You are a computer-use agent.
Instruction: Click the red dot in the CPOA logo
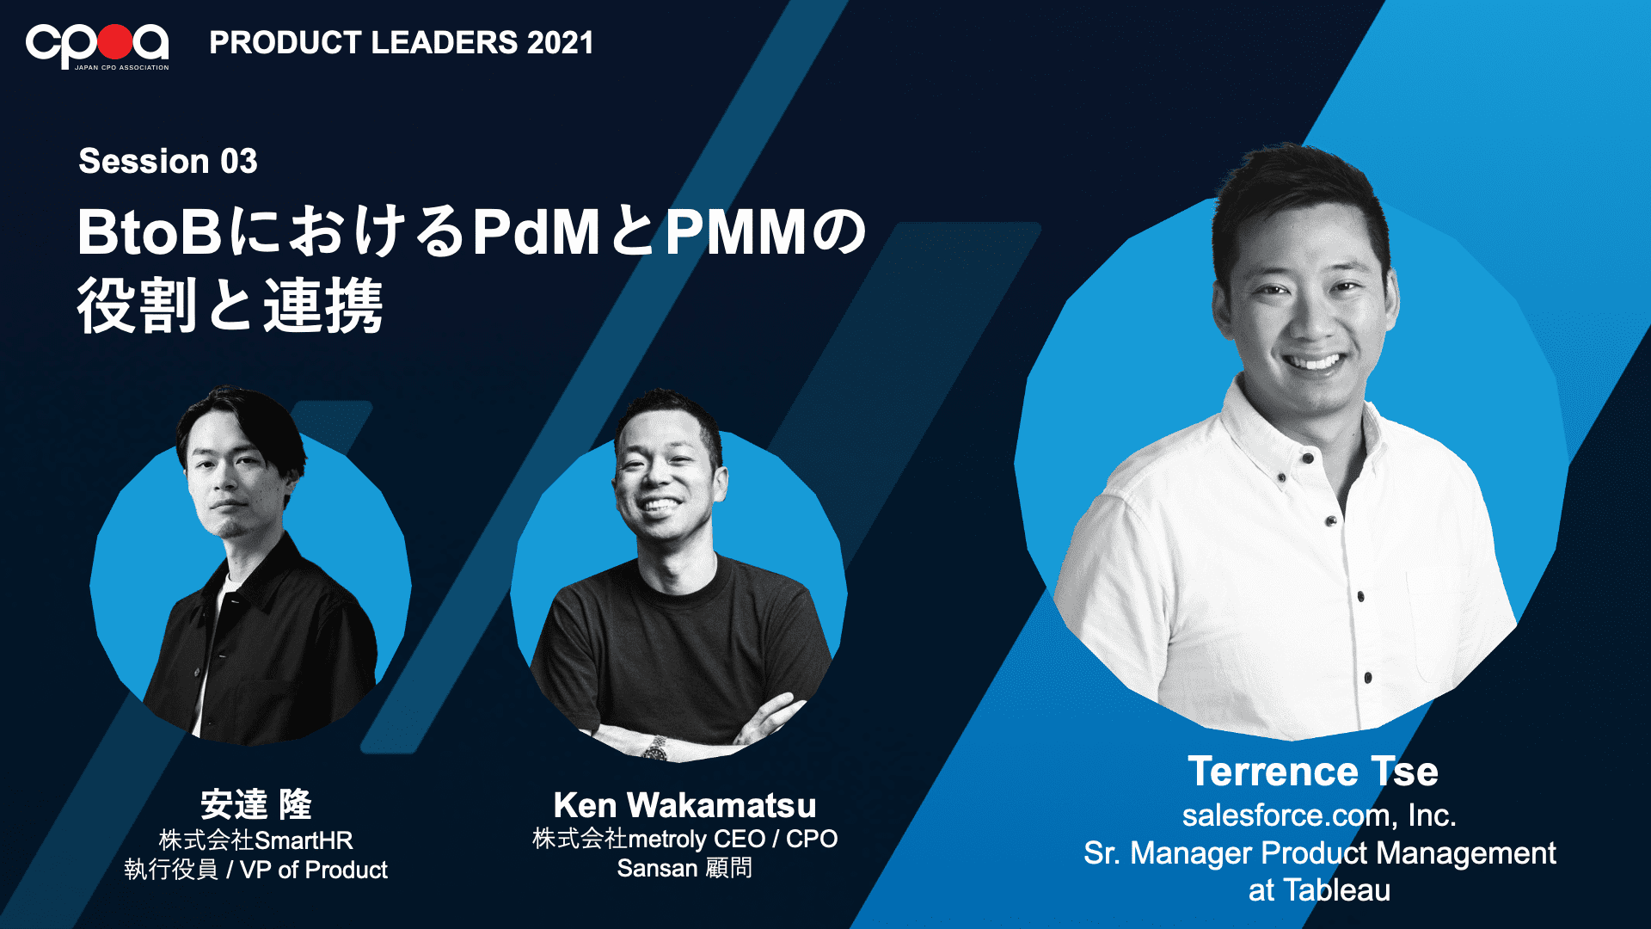click(114, 40)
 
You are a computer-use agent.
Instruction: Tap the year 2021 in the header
click(560, 42)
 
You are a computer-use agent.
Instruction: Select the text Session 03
click(168, 161)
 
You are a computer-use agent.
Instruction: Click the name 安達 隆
click(255, 804)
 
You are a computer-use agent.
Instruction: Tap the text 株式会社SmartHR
click(255, 840)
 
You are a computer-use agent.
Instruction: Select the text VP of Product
click(313, 870)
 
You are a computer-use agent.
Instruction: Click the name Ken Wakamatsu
click(684, 805)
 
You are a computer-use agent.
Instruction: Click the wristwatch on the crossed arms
click(657, 748)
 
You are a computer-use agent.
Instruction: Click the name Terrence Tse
click(1313, 771)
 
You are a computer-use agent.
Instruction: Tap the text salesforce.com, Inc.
click(1319, 815)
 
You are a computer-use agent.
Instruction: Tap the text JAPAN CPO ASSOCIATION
click(121, 67)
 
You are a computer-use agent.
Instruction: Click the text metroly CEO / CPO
click(733, 838)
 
